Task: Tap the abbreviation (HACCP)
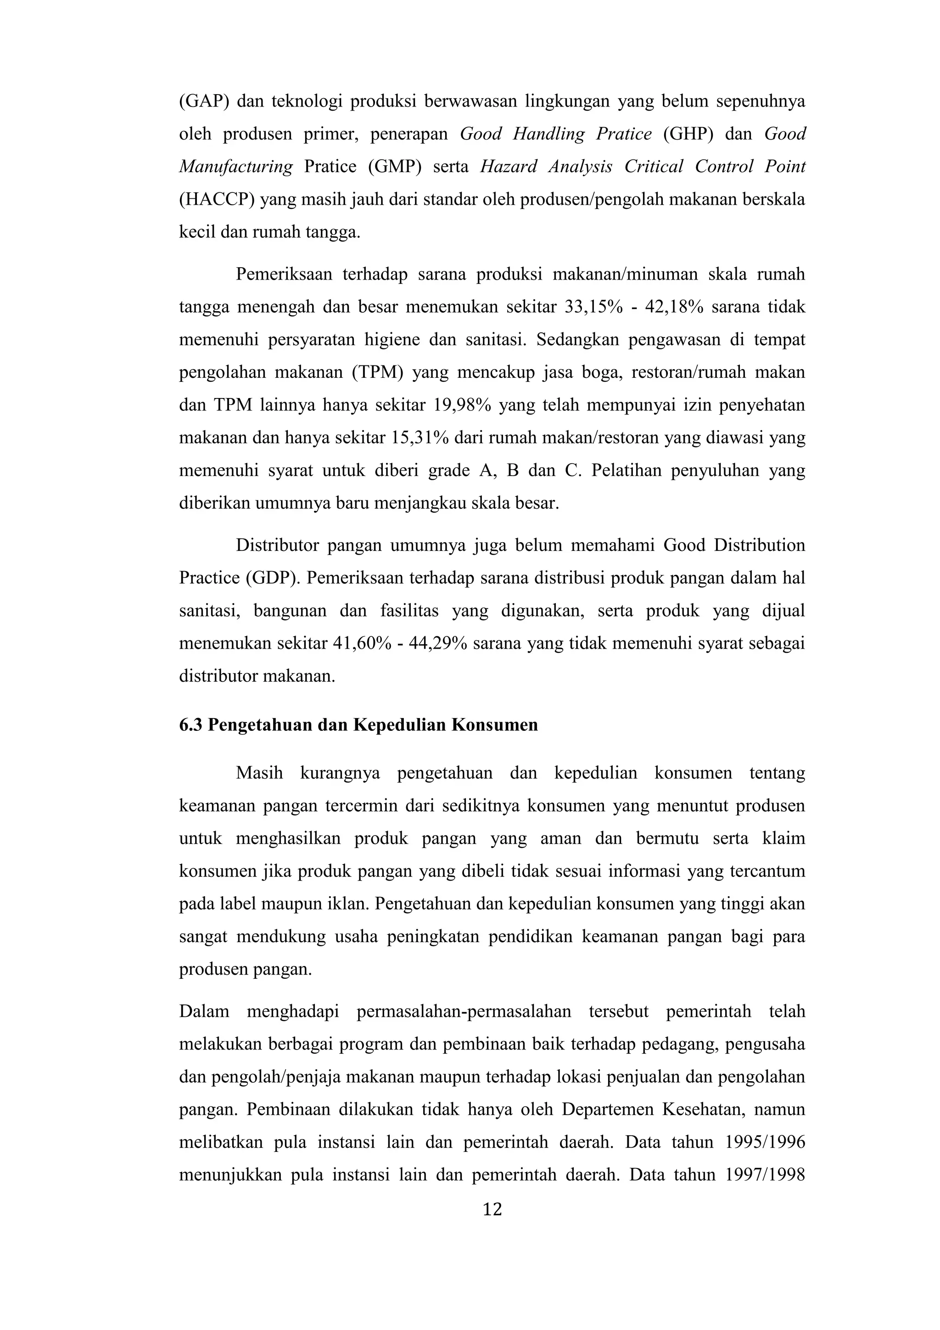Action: [x=217, y=200]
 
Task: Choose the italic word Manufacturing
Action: [x=236, y=167]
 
